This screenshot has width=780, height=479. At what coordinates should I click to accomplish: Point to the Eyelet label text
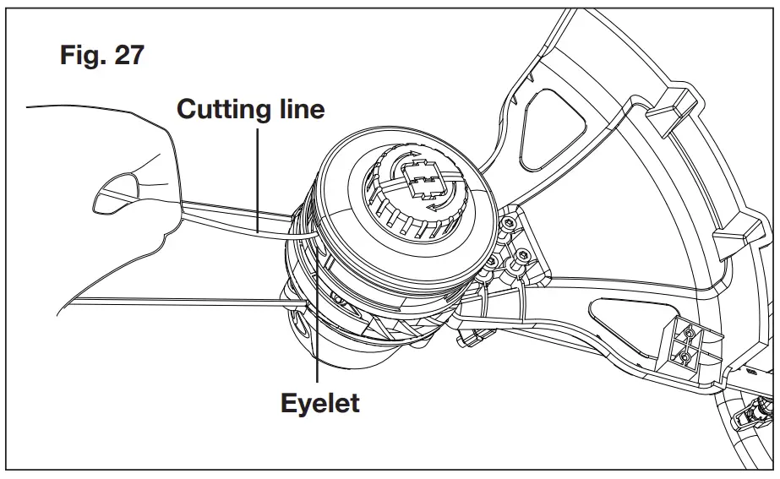(319, 402)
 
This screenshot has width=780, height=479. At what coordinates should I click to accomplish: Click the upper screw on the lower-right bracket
(690, 336)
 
